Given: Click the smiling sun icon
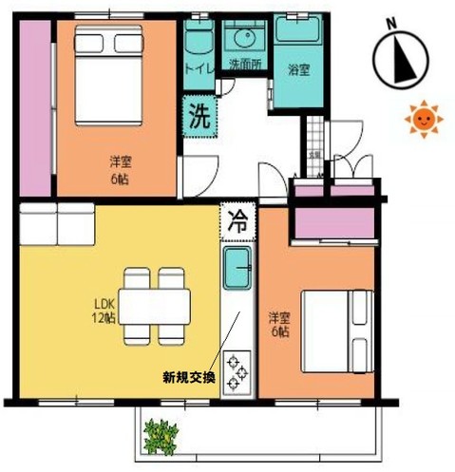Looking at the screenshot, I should (x=423, y=119).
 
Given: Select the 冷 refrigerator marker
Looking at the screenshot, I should (x=238, y=224).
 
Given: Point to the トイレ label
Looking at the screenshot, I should (x=199, y=68).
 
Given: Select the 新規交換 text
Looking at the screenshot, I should (x=189, y=377).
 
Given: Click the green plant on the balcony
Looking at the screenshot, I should (x=161, y=438).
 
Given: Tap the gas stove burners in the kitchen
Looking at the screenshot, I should (x=237, y=369).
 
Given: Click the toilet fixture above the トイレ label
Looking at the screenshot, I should (x=199, y=39).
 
